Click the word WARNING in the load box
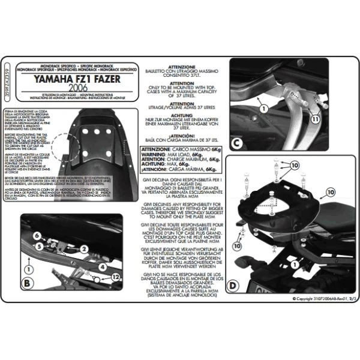click(154, 154)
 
